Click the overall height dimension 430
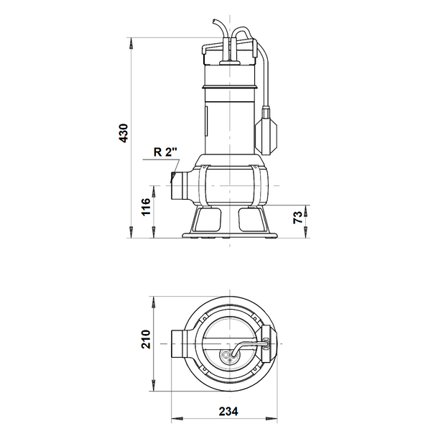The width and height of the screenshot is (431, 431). pos(123,133)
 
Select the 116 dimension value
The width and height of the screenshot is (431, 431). pos(146,207)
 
